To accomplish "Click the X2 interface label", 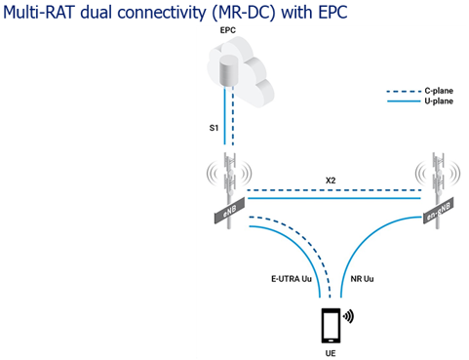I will pos(331,180).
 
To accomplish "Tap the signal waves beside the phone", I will pos(348,315).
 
